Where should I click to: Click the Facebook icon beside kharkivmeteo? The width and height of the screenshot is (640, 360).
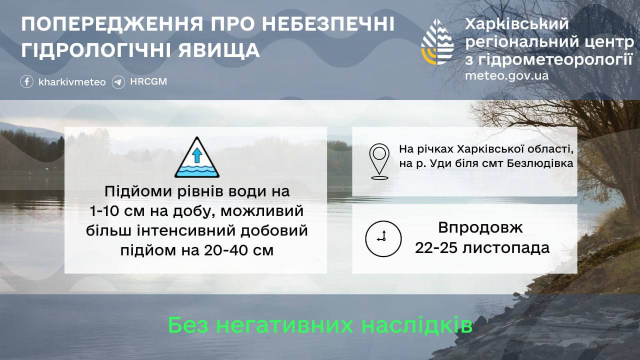click(26, 81)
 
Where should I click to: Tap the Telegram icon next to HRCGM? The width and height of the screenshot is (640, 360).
click(118, 82)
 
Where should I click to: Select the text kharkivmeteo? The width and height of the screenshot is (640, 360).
click(72, 82)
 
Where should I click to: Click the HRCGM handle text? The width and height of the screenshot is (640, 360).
click(148, 81)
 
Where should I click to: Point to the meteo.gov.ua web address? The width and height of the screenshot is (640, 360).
click(507, 76)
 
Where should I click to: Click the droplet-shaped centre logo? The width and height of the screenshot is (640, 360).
click(437, 42)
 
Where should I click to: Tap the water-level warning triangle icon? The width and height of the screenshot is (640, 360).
click(197, 157)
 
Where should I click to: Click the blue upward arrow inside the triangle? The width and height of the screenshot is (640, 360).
click(197, 155)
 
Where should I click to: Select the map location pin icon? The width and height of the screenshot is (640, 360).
click(379, 161)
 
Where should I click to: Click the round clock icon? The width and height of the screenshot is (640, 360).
click(383, 238)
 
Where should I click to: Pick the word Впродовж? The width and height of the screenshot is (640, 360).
click(480, 228)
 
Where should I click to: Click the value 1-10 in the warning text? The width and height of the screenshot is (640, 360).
click(107, 211)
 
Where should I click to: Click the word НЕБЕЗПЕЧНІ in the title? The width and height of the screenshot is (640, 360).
click(328, 24)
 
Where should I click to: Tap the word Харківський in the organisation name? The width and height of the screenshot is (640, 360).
click(517, 23)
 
